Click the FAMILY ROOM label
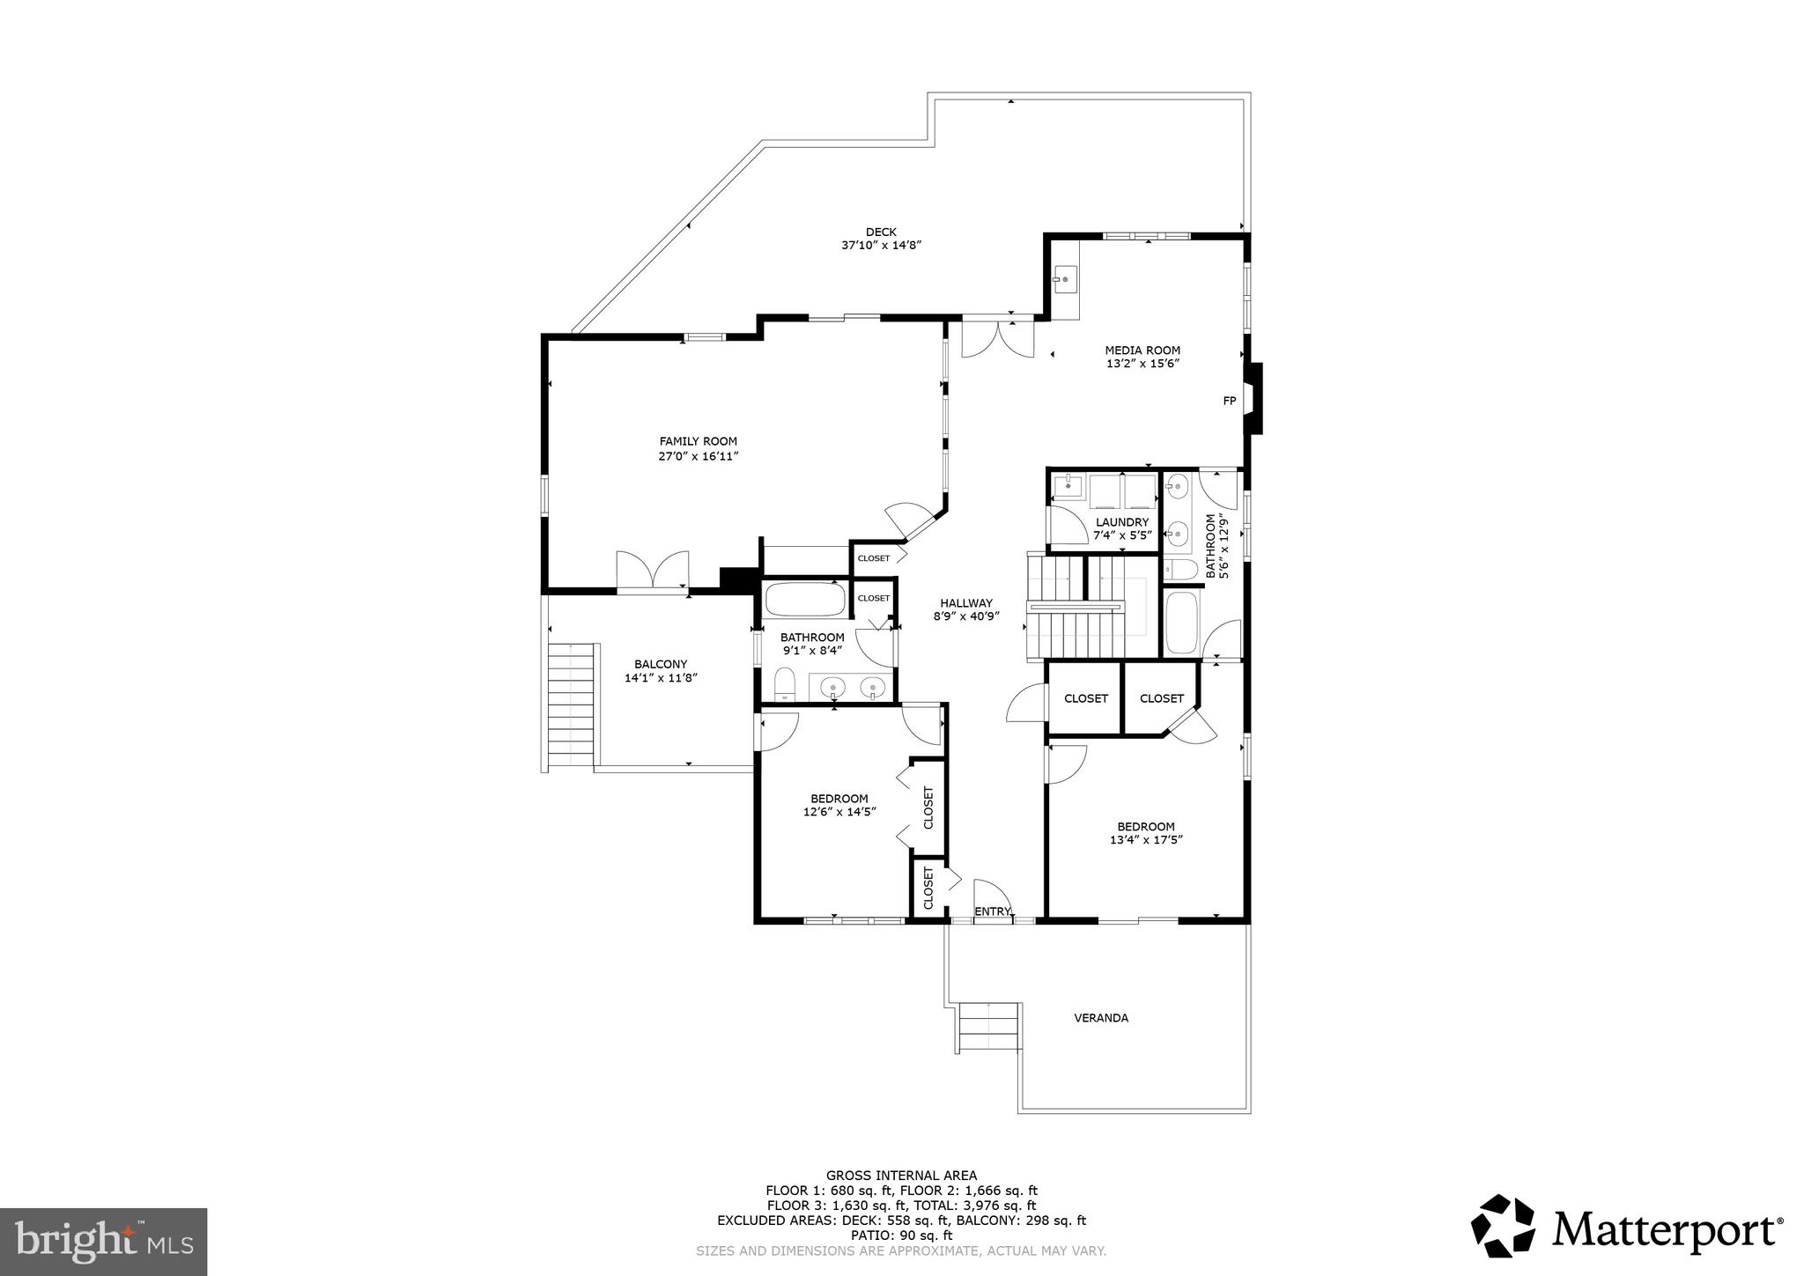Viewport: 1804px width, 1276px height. pos(698,441)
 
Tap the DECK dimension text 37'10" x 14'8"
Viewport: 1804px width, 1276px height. pos(881,246)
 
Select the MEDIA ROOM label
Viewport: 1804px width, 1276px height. pos(1142,350)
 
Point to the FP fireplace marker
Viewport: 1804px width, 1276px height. pos(1230,401)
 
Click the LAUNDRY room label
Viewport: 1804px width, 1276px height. pos(1122,522)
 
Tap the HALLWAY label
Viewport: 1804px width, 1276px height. pos(966,603)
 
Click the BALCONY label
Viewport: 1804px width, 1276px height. pos(661,664)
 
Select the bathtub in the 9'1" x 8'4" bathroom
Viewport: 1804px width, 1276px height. pos(805,600)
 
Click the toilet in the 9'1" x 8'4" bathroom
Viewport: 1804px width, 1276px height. pos(784,685)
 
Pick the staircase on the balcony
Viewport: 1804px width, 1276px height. pos(570,707)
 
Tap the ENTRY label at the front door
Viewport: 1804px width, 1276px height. pos(994,911)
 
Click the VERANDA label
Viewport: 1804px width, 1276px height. pos(1101,1018)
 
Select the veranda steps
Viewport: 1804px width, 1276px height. pos(989,1027)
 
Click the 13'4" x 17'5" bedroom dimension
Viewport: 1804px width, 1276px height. pos(1146,840)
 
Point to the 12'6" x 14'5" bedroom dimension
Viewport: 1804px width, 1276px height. pos(839,813)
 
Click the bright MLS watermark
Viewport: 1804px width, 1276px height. pos(104,1242)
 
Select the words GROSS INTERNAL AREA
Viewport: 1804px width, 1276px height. pos(901,1175)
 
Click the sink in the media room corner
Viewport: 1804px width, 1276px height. pos(1065,280)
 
